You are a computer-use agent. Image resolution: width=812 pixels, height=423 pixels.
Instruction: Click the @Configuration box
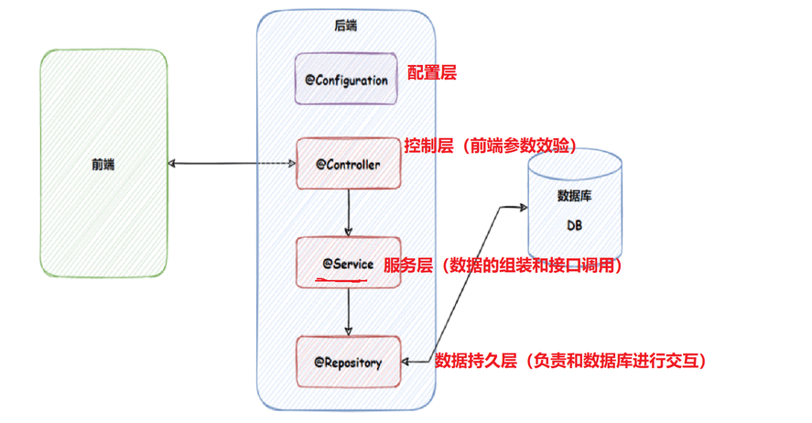coord(347,80)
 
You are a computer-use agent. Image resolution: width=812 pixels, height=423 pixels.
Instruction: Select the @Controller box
coord(348,164)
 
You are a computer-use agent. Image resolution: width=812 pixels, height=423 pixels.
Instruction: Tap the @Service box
coord(348,263)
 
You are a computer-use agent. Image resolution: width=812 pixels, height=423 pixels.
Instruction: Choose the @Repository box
coord(348,362)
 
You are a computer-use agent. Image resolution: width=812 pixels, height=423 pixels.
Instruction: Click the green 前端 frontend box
coord(103,164)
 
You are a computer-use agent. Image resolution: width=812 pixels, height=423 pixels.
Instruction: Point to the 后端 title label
coord(346,26)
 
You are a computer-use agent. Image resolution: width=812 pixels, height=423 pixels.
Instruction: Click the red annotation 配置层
coord(430,72)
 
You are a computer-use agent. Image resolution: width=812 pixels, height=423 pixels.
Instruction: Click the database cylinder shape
coord(575,207)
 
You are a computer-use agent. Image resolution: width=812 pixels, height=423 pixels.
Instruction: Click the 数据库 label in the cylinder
coord(575,196)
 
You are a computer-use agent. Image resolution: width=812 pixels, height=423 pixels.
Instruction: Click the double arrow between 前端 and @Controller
coord(233,165)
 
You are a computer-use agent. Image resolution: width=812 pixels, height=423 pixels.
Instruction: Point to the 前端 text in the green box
coord(103,164)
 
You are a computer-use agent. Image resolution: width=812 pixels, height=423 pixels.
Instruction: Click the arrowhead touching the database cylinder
coord(522,207)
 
